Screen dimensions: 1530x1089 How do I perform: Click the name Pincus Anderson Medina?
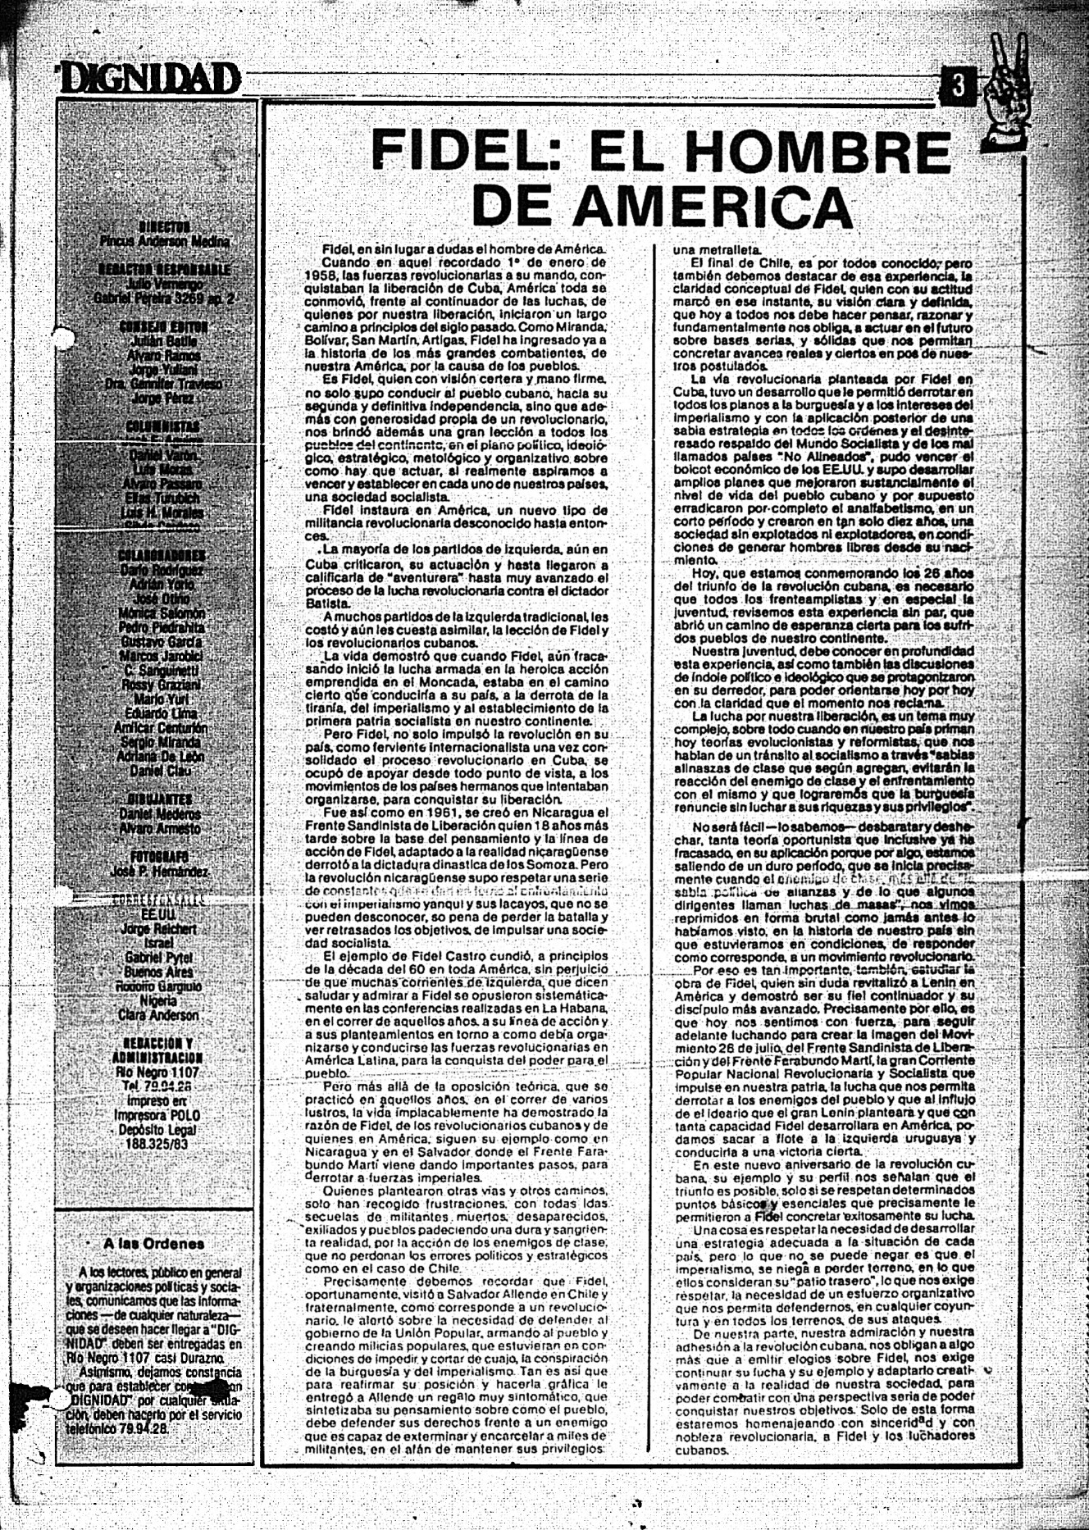click(x=164, y=241)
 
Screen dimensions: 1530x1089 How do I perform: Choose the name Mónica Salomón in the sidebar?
click(x=162, y=613)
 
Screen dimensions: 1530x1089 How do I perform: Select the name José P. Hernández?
click(x=158, y=872)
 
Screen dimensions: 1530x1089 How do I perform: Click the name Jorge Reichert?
click(x=159, y=929)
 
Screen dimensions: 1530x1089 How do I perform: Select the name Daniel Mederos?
click(x=160, y=814)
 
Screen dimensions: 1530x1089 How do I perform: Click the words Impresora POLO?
click(x=157, y=1115)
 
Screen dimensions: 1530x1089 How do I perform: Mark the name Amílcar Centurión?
click(x=161, y=727)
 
